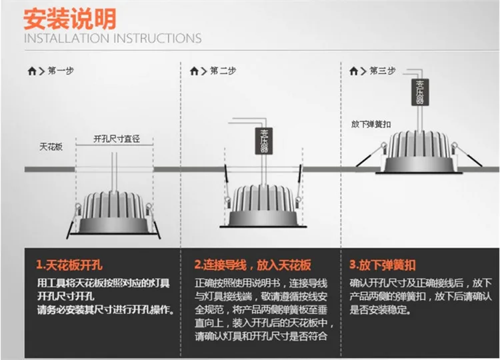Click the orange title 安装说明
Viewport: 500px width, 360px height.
(x=70, y=19)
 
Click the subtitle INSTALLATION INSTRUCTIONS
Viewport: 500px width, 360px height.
(x=113, y=38)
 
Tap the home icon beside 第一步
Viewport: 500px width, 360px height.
(x=32, y=71)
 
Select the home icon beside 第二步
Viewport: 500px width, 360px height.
(x=194, y=71)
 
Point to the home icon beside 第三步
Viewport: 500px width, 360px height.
(x=353, y=71)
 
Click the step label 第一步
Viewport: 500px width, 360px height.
(x=61, y=71)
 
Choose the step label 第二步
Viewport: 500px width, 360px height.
(x=223, y=71)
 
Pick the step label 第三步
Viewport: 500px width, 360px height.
(x=383, y=71)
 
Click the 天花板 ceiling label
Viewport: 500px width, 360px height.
(x=51, y=147)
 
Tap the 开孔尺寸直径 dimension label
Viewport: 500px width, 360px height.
(x=117, y=139)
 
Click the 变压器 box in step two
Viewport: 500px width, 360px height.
(x=264, y=141)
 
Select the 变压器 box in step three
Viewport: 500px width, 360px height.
(x=420, y=92)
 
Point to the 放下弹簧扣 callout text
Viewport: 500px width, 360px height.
(x=371, y=124)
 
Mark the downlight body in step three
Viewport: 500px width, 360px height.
(x=419, y=152)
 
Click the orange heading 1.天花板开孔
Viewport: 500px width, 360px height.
(x=69, y=265)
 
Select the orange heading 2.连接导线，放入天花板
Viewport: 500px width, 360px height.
(x=253, y=265)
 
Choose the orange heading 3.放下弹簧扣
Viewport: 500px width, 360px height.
(x=383, y=265)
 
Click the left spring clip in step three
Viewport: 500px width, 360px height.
(x=371, y=155)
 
